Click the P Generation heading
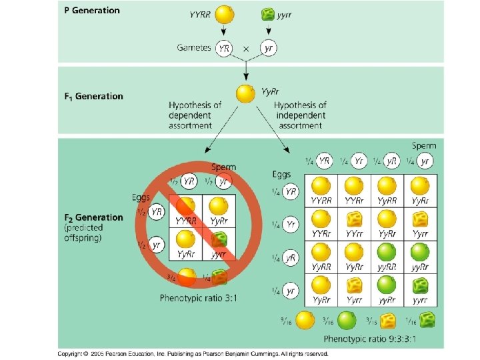(92, 11)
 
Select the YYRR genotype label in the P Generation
(201, 14)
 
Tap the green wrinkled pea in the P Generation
(268, 14)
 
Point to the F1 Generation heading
(93, 96)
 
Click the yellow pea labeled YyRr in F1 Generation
(246, 94)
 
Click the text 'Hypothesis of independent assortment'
(300, 115)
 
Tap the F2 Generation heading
(93, 217)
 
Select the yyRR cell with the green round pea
(387, 257)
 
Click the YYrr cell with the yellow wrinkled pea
(355, 224)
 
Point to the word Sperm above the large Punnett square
(423, 145)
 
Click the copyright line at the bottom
(193, 353)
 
